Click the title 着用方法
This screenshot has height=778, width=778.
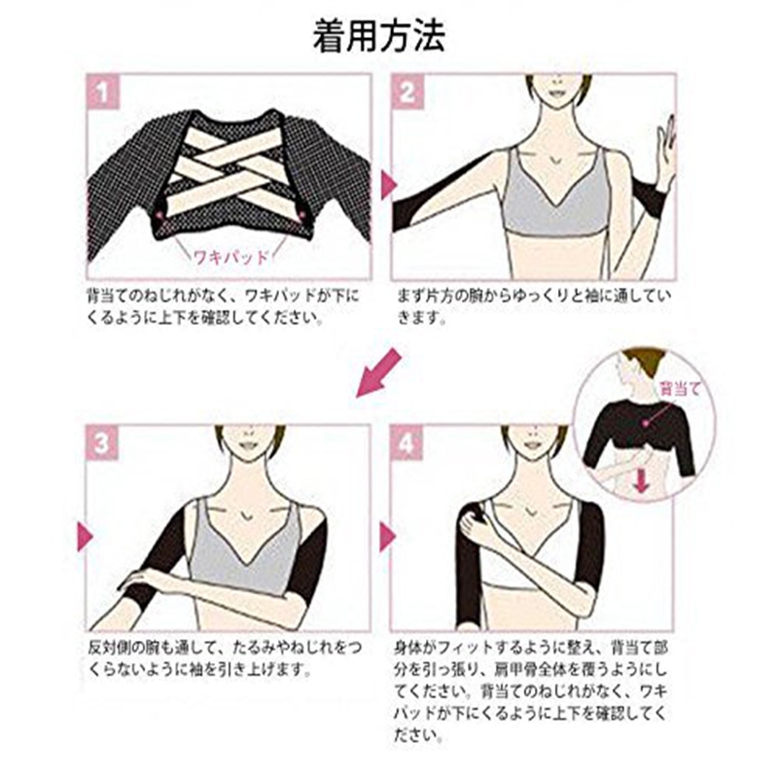click(378, 36)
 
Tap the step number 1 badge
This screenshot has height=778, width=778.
click(103, 91)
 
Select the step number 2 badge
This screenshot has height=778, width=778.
click(407, 91)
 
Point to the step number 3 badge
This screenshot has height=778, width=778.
click(102, 442)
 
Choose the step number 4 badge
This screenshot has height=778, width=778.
click(407, 442)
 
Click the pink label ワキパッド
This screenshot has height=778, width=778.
click(230, 257)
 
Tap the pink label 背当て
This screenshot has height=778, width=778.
click(679, 388)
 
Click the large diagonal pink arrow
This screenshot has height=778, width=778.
click(378, 373)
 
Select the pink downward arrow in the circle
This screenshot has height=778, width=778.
click(642, 480)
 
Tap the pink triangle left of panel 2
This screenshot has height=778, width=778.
click(388, 185)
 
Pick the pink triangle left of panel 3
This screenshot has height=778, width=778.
click(85, 537)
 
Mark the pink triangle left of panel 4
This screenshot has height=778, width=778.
click(387, 537)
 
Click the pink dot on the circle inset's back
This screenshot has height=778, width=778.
click(645, 423)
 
